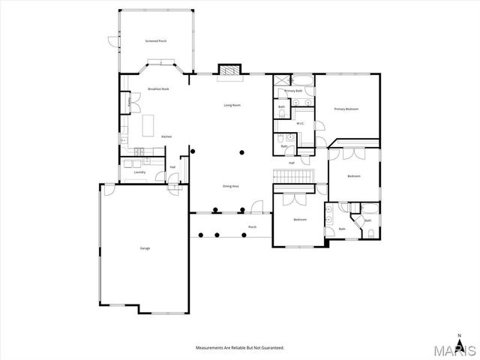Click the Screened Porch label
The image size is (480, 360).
(x=156, y=40)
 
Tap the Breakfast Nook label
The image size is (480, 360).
(x=158, y=88)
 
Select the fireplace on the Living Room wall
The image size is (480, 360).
(x=229, y=70)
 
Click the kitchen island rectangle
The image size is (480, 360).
(x=148, y=122)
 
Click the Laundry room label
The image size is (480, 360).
(x=139, y=172)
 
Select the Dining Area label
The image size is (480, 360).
(x=230, y=185)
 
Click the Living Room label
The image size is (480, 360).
(x=232, y=105)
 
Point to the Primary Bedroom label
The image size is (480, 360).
(x=346, y=109)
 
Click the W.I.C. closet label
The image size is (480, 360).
(x=299, y=123)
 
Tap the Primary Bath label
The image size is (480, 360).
(x=293, y=91)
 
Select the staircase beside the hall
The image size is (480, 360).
(x=291, y=175)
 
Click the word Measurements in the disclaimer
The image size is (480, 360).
(x=211, y=348)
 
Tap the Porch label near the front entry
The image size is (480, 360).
(x=252, y=226)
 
